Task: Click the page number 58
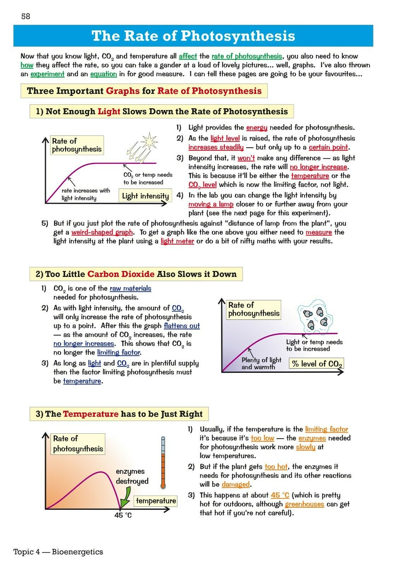pos(26,16)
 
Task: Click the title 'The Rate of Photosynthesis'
pos(193,36)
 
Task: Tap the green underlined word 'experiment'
pos(47,74)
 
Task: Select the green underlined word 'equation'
pos(103,74)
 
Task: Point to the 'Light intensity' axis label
pos(145,196)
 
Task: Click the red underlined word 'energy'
pos(257,128)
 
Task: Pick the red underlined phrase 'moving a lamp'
pos(211,204)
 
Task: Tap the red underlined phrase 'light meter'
pos(177,241)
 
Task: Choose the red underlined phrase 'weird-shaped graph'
pos(102,232)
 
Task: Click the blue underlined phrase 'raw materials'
pos(130,289)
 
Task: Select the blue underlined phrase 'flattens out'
pos(182,326)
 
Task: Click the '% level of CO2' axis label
pos(317,364)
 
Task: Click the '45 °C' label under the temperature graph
pos(123,515)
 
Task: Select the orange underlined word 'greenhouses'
pos(304,504)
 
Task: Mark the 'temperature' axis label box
pos(156,501)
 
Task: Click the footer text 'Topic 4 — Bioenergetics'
pos(58,552)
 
